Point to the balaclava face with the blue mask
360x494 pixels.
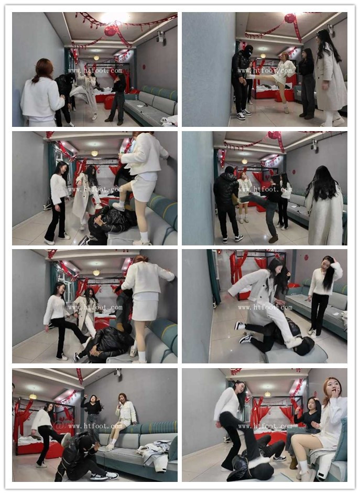coord(248,51)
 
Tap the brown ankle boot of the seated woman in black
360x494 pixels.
coord(293,463)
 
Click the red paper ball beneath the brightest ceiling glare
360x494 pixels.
coord(111,30)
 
